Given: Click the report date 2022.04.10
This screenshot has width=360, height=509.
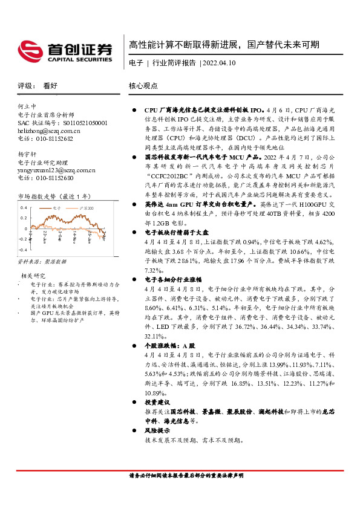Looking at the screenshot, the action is click(x=219, y=63).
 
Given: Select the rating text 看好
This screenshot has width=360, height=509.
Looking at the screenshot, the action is click(x=51, y=86).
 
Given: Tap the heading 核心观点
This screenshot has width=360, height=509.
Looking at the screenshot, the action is click(x=143, y=86).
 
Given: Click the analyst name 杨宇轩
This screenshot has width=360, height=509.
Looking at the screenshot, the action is click(x=28, y=154).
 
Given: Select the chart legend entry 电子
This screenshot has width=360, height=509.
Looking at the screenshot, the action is click(x=57, y=207).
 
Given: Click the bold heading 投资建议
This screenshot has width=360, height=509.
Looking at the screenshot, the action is click(x=157, y=402).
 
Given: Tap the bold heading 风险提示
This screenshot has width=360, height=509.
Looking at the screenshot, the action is click(x=157, y=430).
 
